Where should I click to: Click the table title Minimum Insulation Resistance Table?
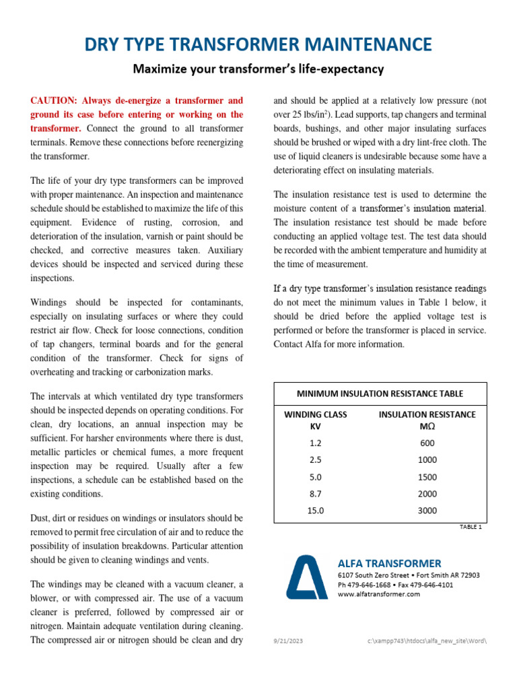coord(380,394)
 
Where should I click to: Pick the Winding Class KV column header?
coord(316,421)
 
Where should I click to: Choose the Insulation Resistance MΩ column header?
coord(427,421)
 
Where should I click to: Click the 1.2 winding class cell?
coord(316,443)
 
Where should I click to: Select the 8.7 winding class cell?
coord(316,494)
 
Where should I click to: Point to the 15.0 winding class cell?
coord(316,511)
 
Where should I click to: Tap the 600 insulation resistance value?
coord(427,443)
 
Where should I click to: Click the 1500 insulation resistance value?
coord(427,477)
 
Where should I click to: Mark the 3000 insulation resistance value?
coord(427,511)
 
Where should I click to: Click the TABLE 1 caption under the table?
coord(471,527)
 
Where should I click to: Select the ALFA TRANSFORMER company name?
coord(389,563)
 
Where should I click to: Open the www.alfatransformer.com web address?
coord(378,594)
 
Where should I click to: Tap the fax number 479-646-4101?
coord(430,585)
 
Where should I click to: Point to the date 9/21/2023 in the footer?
coord(288,641)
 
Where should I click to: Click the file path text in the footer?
coord(426,641)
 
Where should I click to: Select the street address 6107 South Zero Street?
coord(373,575)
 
